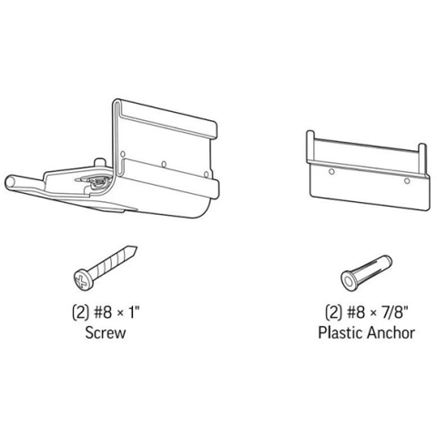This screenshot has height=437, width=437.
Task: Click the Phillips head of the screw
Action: click(x=83, y=279)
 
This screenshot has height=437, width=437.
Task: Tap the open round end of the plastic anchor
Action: click(x=350, y=279)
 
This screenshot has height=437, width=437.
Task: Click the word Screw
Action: click(x=105, y=332)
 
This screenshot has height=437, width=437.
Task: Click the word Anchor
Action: click(x=391, y=332)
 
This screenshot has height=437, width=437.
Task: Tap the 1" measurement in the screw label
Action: click(x=134, y=312)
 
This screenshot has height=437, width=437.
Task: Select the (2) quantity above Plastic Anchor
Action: click(x=333, y=312)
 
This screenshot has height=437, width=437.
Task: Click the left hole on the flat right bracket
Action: click(x=331, y=172)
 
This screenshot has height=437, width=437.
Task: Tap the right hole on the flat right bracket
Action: click(x=407, y=181)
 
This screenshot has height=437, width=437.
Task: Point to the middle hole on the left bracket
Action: click(x=164, y=164)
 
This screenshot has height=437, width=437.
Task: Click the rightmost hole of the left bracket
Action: click(x=206, y=174)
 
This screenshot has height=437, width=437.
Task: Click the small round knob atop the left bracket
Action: click(x=99, y=162)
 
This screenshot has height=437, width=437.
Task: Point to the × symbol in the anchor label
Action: click(x=372, y=313)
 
